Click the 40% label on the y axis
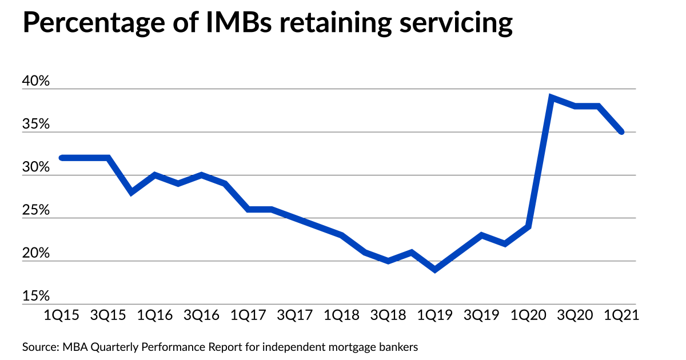tap(37, 82)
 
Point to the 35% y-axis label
tap(37, 125)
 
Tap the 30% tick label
tap(37, 168)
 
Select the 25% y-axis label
tap(37, 211)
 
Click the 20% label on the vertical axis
tap(37, 254)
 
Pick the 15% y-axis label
tap(37, 297)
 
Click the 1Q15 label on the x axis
tap(61, 315)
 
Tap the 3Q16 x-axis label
tap(202, 315)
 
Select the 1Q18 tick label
tap(342, 315)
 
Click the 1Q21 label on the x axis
tap(621, 315)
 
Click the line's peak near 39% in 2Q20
tap(552, 97)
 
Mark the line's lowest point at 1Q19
tap(436, 270)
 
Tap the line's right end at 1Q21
tap(621, 132)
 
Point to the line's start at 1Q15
tap(62, 158)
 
